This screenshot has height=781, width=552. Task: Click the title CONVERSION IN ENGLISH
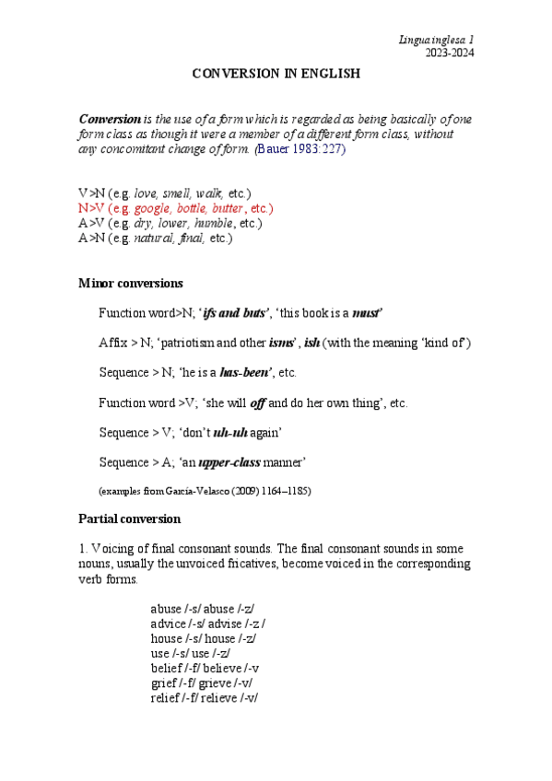pyautogui.click(x=276, y=73)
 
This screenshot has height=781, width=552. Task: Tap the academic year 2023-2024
pyautogui.click(x=449, y=52)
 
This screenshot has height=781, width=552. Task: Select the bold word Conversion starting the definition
pyautogui.click(x=109, y=120)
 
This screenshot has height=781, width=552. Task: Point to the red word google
pyautogui.click(x=151, y=209)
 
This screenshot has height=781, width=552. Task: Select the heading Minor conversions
pyautogui.click(x=131, y=283)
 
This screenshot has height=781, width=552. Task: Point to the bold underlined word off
pyautogui.click(x=259, y=403)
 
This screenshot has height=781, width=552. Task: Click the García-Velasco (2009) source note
pyautogui.click(x=205, y=491)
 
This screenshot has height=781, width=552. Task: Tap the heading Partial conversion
pyautogui.click(x=130, y=519)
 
